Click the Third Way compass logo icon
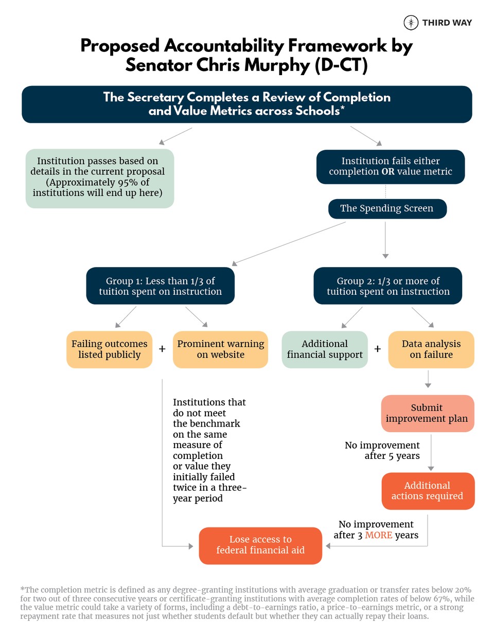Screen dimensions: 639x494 pos(411,23)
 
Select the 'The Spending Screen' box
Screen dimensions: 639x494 pos(387,208)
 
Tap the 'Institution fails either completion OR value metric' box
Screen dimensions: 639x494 pos(391,167)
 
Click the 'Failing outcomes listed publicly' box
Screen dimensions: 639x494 pos(109,349)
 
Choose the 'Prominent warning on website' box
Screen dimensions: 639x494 pos(220,349)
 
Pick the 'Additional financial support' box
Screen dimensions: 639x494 pos(325,349)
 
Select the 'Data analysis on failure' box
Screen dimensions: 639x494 pos(431,349)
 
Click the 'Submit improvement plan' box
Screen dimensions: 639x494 pos(427,413)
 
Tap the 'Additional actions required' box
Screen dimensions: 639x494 pos(428,491)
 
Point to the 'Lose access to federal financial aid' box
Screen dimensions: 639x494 pos(260,545)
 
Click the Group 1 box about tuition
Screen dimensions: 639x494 pos(161,286)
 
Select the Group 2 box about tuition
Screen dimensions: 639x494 pos(388,286)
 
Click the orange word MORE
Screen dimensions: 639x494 pos(379,536)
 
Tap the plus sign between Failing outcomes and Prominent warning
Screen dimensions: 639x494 pos(162,349)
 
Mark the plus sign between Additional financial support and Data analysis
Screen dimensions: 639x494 pos(378,349)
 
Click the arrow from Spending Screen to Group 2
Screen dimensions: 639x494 pos(385,240)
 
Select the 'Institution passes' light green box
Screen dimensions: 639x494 pos(100,178)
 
